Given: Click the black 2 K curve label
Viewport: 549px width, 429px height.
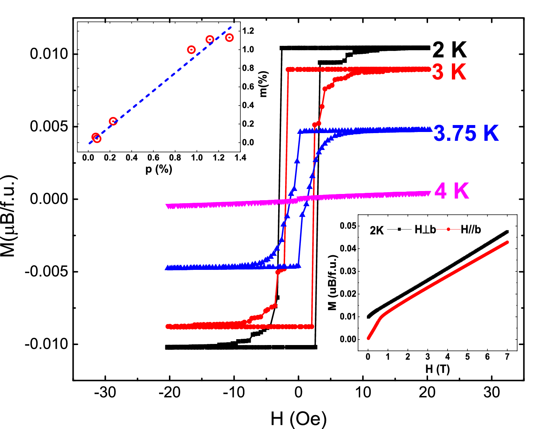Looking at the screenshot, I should click(449, 49).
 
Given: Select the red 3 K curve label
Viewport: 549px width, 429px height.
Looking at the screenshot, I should click(449, 72).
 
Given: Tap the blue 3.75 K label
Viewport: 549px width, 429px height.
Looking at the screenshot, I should click(466, 133).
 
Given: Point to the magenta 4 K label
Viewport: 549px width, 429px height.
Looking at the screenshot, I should click(452, 191).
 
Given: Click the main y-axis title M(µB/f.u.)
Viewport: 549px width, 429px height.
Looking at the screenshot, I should click(9, 216).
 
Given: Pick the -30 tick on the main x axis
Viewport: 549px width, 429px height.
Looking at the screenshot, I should click(105, 393).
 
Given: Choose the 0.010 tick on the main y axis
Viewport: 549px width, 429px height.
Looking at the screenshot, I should click(49, 54).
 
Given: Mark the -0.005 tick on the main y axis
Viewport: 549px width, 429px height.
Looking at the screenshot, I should click(47, 272).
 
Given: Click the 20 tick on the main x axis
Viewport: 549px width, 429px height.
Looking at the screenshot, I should click(427, 393).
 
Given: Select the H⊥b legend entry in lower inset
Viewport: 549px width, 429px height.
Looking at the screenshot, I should click(425, 230).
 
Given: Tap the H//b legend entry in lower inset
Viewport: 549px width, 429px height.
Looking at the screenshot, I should click(471, 230).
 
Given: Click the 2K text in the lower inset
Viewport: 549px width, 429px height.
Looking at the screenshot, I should click(376, 231).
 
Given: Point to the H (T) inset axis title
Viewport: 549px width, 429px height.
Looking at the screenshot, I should click(438, 369).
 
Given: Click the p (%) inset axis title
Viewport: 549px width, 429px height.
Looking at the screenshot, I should click(159, 169).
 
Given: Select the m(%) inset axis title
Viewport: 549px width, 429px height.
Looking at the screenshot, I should click(264, 84).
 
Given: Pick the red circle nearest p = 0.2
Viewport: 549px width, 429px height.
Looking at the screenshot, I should click(113, 121).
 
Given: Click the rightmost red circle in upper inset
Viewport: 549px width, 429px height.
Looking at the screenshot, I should click(229, 37).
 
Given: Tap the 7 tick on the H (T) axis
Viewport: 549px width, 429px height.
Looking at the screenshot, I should click(507, 357).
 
